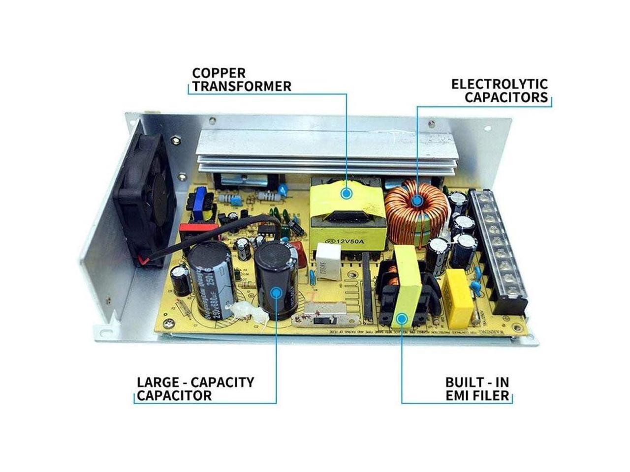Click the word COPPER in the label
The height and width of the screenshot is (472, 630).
pos(219,73)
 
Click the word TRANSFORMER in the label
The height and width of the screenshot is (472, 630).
pos(242,87)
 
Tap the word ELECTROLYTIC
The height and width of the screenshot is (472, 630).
pos(500,84)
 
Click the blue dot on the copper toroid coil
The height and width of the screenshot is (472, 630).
pos(417,200)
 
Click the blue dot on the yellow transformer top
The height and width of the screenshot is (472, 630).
pos(347,193)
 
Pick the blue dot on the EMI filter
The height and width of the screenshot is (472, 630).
pos(402,319)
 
